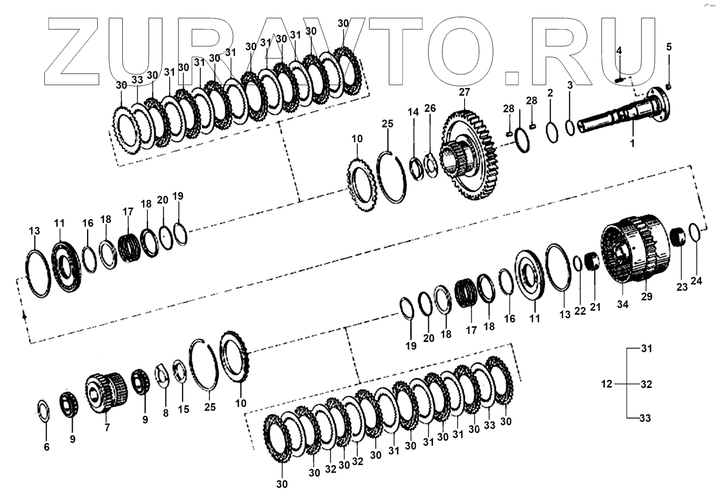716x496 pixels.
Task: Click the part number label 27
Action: pos(464,92)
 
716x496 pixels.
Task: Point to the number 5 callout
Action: pos(668,47)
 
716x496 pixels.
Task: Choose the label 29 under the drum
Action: pos(646,296)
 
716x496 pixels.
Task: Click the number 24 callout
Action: pos(696,281)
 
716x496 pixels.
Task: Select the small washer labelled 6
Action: pos(44,411)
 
